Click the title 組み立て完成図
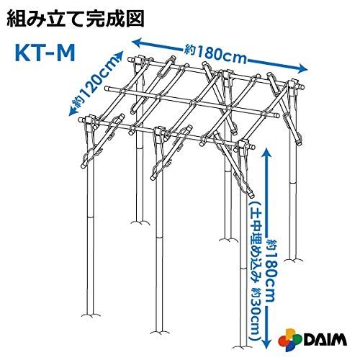[x=76, y=18]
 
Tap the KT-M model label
[x=45, y=53]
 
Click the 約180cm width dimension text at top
[x=215, y=55]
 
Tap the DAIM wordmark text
[x=325, y=339]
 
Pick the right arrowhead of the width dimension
[x=303, y=68]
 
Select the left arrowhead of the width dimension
[x=138, y=42]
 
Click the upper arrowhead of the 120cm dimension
[x=120, y=56]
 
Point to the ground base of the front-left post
[x=91, y=315]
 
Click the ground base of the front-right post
[x=243, y=346]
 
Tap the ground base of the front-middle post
[x=159, y=332]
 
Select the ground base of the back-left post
[x=140, y=222]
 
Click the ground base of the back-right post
[x=293, y=260]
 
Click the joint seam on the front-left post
[x=90, y=217]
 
